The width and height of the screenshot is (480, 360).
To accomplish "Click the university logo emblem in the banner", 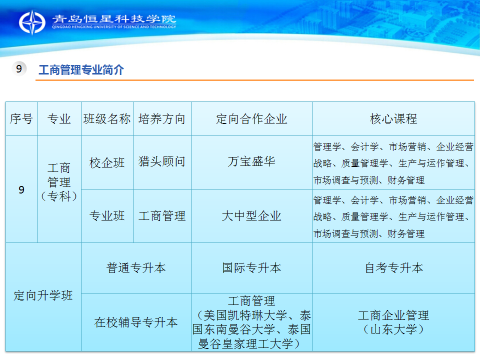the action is click(x=32, y=22).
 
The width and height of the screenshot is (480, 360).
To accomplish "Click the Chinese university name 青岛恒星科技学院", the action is click(x=114, y=19).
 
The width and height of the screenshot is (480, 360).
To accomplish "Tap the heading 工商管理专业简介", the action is click(x=81, y=70).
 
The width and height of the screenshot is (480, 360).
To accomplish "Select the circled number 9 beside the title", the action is click(x=19, y=68).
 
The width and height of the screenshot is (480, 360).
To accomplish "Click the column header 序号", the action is click(x=21, y=119).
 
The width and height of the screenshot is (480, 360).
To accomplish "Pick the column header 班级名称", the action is click(x=107, y=119).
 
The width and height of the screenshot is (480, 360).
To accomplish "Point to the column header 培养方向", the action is click(x=162, y=119).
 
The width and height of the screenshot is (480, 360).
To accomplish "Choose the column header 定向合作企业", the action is click(x=251, y=119).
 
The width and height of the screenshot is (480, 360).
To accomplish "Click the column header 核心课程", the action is click(x=393, y=119).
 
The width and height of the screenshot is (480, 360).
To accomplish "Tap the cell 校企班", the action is click(x=107, y=162).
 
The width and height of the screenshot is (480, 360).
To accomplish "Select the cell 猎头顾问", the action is click(x=162, y=161).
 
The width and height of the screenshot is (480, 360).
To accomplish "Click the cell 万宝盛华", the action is click(x=251, y=161).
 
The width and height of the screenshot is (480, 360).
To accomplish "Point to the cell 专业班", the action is click(x=107, y=216).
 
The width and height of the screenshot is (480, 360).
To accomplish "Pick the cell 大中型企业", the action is click(x=251, y=216).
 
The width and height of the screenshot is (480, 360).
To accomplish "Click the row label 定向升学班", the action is click(x=43, y=295).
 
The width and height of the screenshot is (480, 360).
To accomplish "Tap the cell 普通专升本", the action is click(x=136, y=268).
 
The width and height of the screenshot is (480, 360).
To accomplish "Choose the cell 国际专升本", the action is click(x=251, y=268).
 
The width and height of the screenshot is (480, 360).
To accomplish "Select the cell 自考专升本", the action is click(x=394, y=268).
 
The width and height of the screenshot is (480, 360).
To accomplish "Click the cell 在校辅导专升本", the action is click(x=136, y=322).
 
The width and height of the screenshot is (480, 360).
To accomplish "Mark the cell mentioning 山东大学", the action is click(x=393, y=322).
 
